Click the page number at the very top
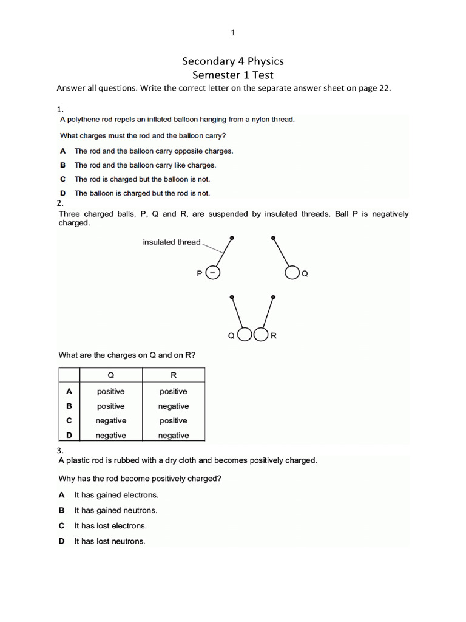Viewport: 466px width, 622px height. [233, 33]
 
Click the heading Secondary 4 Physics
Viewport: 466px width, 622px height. [233, 61]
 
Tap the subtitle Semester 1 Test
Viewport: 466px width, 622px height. [233, 75]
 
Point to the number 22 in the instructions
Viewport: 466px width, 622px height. [381, 89]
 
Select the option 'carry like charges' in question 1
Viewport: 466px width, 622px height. [145, 165]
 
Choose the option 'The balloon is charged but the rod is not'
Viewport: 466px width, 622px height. [141, 193]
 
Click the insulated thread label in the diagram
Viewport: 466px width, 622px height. [172, 242]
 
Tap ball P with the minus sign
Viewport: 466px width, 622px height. [213, 274]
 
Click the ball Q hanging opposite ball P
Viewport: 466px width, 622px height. [292, 274]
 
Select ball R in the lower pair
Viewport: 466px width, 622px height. [262, 335]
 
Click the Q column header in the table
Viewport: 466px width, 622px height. [110, 375]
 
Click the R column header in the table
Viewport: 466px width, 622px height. [174, 375]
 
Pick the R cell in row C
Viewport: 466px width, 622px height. [174, 421]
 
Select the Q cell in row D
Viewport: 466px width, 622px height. [110, 436]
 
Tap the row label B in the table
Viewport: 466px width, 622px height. [69, 406]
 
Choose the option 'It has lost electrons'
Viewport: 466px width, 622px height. [110, 526]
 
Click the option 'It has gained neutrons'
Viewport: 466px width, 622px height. [115, 511]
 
